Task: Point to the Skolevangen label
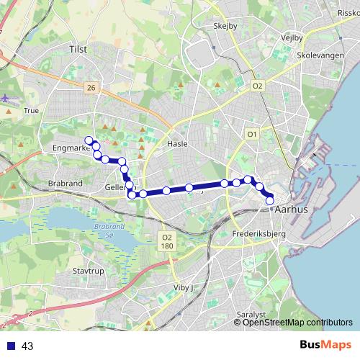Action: click(322, 55)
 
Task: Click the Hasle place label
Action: click(177, 143)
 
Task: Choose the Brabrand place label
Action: click(66, 184)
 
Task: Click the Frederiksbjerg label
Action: click(260, 235)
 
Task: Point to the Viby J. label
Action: click(185, 287)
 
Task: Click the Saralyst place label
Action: click(251, 315)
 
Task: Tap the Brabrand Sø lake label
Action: click(105, 232)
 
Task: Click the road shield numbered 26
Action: click(90, 87)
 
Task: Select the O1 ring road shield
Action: click(252, 134)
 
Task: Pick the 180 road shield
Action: click(167, 246)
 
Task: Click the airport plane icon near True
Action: click(6, 98)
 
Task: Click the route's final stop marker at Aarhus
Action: click(271, 201)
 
